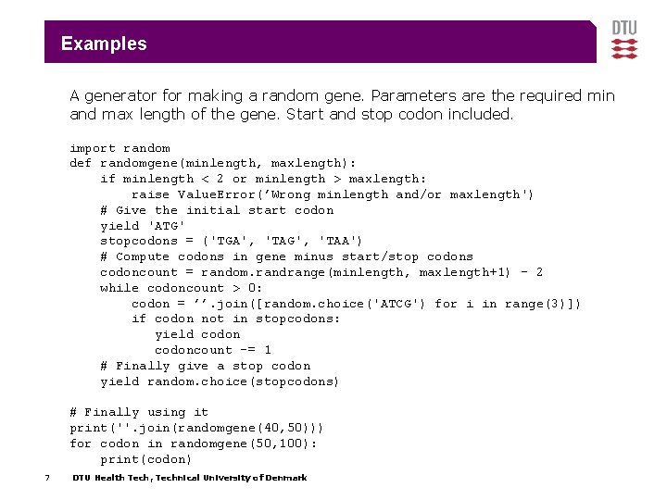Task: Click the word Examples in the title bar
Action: tap(104, 44)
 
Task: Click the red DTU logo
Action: tap(624, 42)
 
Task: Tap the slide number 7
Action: tap(46, 478)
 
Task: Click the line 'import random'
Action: tap(120, 148)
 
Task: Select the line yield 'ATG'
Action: tap(143, 226)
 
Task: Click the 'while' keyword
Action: tap(120, 288)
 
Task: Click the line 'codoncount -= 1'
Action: tap(212, 350)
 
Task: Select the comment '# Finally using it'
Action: tap(139, 412)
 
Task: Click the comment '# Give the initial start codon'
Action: tap(217, 210)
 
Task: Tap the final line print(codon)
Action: tap(146, 459)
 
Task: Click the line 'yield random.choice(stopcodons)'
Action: tap(220, 381)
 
